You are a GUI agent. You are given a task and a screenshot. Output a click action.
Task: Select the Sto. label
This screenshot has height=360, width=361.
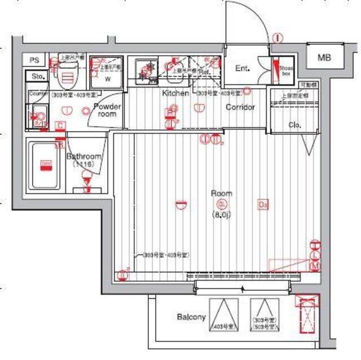(38, 76)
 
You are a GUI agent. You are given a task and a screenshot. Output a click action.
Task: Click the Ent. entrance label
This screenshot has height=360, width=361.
(243, 69)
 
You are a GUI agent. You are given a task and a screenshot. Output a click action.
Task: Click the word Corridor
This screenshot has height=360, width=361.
(240, 107)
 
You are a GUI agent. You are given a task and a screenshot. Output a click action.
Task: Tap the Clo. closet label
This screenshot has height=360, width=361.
(294, 125)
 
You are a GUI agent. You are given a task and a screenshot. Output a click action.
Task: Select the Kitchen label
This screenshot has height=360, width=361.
(175, 93)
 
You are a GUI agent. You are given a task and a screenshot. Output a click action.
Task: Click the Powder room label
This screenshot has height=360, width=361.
(106, 110)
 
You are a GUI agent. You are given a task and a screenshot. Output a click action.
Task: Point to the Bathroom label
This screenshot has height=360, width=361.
(83, 157)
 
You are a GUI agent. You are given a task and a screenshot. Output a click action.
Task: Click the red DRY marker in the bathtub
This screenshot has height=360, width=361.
(46, 165)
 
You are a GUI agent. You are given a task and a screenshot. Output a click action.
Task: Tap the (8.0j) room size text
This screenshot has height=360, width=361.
(222, 214)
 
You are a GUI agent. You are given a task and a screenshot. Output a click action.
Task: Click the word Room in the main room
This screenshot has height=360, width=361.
(222, 193)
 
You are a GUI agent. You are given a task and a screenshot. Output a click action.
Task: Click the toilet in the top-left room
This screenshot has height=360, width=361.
(68, 73)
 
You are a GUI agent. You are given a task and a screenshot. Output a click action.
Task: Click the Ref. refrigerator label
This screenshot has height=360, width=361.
(204, 72)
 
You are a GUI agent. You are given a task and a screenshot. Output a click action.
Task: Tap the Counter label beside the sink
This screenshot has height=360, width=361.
(37, 93)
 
